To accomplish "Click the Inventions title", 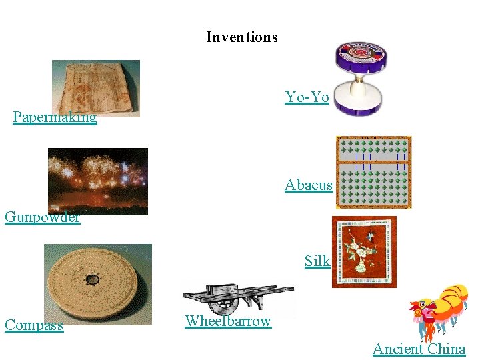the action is click(x=241, y=37).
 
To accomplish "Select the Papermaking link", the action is click(x=55, y=118).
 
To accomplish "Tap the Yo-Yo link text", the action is click(x=307, y=97).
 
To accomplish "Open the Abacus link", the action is click(x=308, y=185).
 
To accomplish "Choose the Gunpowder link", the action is click(x=42, y=217).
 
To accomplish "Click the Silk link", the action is click(x=317, y=261).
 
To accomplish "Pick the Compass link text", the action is click(x=34, y=326).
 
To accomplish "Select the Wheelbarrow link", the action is click(x=228, y=321).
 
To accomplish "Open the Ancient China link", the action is click(x=419, y=349).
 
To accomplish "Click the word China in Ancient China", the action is click(x=446, y=349).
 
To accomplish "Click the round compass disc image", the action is click(x=97, y=283).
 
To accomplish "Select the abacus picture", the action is click(x=374, y=172).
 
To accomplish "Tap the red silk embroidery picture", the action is click(x=364, y=251).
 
